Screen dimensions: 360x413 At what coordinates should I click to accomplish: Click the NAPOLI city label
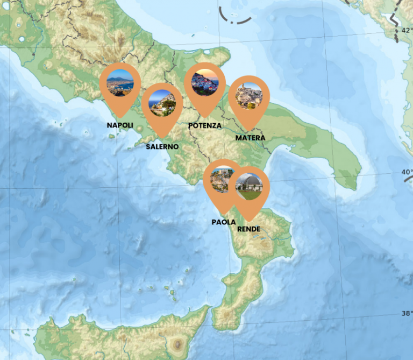(120, 125)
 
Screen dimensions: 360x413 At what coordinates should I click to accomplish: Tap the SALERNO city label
(162, 146)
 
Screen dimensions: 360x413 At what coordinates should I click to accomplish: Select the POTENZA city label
(205, 125)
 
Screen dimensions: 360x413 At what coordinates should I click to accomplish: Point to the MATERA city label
(250, 138)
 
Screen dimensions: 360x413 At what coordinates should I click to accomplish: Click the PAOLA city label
(224, 222)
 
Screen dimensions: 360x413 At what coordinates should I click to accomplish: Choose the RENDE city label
(248, 229)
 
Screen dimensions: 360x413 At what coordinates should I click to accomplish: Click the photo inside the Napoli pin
(120, 82)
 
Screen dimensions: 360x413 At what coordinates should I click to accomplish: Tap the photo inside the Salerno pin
(162, 103)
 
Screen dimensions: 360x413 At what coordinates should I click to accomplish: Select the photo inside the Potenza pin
(205, 82)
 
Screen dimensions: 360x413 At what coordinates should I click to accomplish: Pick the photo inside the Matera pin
(249, 96)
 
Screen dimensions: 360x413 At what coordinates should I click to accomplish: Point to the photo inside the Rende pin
(249, 186)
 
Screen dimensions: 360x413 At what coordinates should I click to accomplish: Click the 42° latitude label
(407, 31)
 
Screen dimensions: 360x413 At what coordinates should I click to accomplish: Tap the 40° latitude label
(407, 173)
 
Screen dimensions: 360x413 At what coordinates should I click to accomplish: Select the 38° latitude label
(407, 314)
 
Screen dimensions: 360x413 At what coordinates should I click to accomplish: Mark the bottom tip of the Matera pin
(249, 131)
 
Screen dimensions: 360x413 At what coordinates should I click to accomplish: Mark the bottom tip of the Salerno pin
(162, 138)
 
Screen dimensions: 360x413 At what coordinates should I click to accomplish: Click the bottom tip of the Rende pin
(249, 221)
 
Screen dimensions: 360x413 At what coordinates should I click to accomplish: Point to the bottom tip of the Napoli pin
(120, 117)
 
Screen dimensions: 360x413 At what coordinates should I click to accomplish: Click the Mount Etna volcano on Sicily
(177, 343)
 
